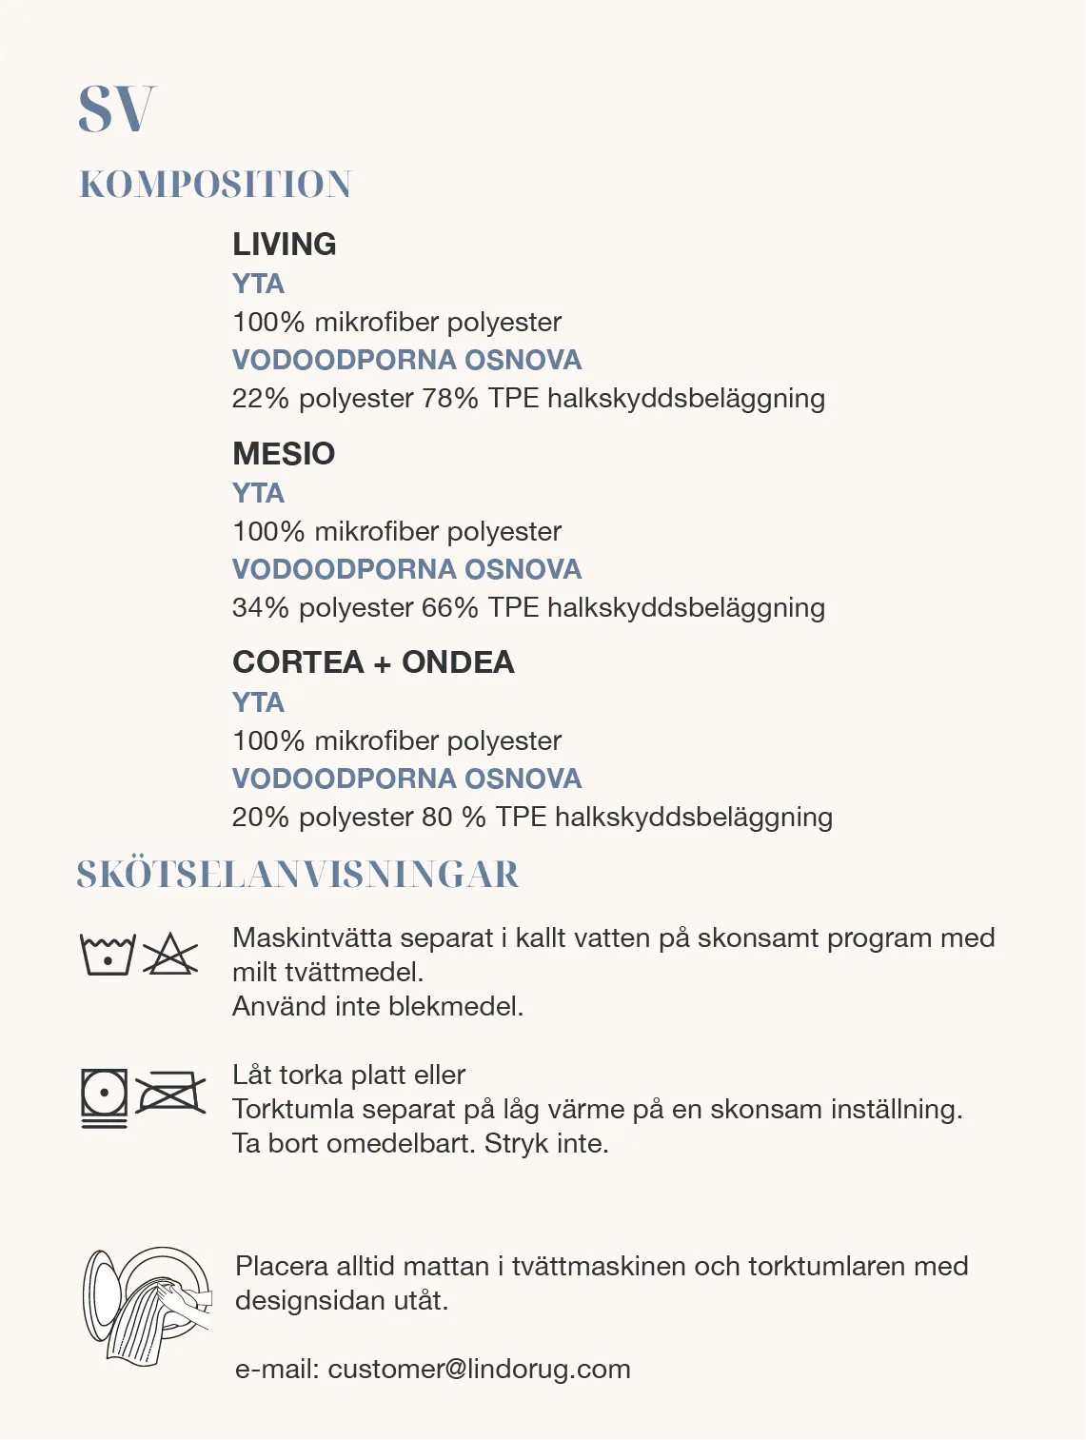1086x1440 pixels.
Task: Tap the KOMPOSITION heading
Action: click(x=215, y=184)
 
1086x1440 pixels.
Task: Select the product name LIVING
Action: click(x=284, y=245)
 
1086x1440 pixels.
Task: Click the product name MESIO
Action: click(x=283, y=454)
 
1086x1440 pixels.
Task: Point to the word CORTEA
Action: click(x=296, y=662)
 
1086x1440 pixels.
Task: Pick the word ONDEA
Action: click(x=458, y=662)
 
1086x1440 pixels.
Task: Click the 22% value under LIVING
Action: click(x=260, y=398)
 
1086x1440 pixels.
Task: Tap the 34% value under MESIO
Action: click(x=260, y=607)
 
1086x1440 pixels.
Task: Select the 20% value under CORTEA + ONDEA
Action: click(x=260, y=817)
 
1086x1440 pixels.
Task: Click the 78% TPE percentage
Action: click(x=449, y=398)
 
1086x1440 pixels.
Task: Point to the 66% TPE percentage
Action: click(x=449, y=607)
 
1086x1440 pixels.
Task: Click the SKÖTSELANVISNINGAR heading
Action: click(x=298, y=875)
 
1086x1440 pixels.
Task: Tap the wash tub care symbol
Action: click(x=107, y=955)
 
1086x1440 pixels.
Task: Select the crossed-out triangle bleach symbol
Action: click(x=170, y=955)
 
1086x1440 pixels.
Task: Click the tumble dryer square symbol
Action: click(x=104, y=1095)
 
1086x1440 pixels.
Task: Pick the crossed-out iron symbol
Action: click(x=170, y=1094)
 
